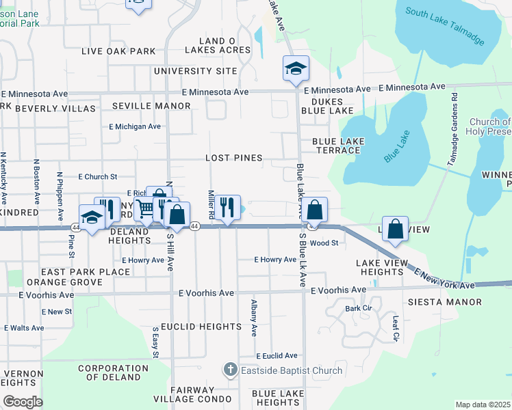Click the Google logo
pyautogui.click(x=23, y=402)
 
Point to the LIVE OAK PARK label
pyautogui.click(x=118, y=51)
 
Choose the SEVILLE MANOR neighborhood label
pyautogui.click(x=151, y=106)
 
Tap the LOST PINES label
pyautogui.click(x=234, y=158)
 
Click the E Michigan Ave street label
pyautogui.click(x=135, y=126)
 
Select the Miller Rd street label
pyautogui.click(x=212, y=204)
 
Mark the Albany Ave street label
pyautogui.click(x=254, y=317)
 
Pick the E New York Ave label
pyautogui.click(x=444, y=278)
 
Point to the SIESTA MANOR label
pyautogui.click(x=454, y=302)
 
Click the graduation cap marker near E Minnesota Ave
pyautogui.click(x=296, y=68)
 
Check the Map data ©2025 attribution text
pyautogui.click(x=483, y=405)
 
